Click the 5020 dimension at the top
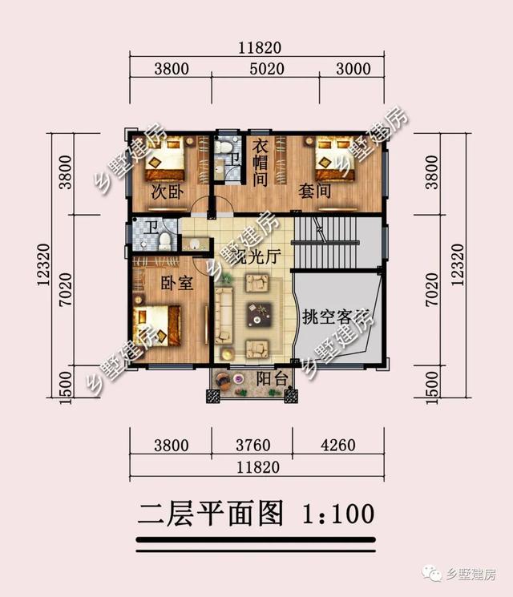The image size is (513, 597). (x=267, y=69)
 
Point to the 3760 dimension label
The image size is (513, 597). (x=251, y=445)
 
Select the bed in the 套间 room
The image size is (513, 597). (x=336, y=160)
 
